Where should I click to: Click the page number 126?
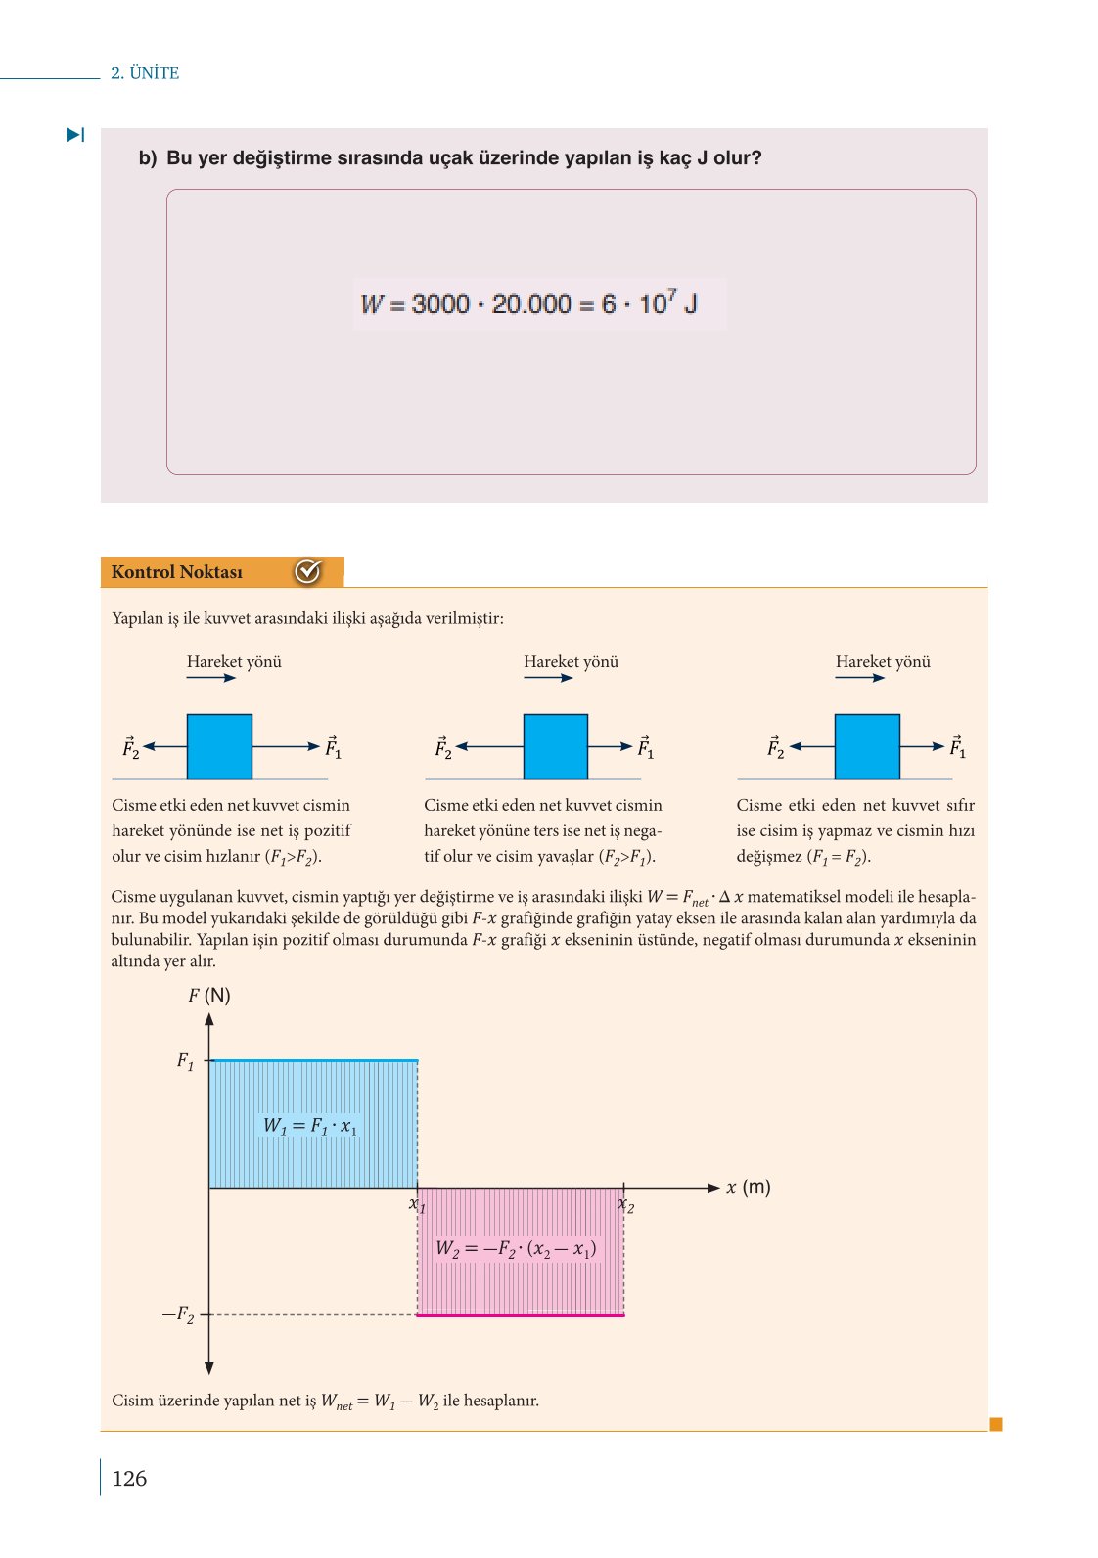point(129,1478)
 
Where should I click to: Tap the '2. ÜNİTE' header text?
point(145,73)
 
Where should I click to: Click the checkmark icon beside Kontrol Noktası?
point(308,571)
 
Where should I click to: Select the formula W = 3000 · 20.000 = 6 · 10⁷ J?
point(529,303)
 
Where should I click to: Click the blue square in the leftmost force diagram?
point(219,746)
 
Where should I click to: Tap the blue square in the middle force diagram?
point(556,746)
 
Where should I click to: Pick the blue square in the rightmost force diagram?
point(867,746)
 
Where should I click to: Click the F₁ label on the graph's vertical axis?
point(185,1061)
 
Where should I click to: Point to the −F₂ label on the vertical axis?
point(178,1315)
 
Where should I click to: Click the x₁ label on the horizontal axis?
point(417,1205)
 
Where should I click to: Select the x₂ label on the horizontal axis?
point(626,1205)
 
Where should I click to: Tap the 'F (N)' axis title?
point(209,996)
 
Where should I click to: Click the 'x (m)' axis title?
point(748,1188)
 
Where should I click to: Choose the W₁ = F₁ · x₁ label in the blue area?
point(310,1126)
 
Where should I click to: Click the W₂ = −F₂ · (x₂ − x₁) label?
point(516,1249)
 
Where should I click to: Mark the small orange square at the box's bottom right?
point(996,1424)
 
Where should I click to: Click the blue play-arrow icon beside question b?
point(75,135)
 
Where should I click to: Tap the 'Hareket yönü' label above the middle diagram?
point(571,662)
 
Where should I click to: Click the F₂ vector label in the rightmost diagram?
point(775,748)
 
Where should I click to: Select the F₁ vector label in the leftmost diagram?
point(333,748)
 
